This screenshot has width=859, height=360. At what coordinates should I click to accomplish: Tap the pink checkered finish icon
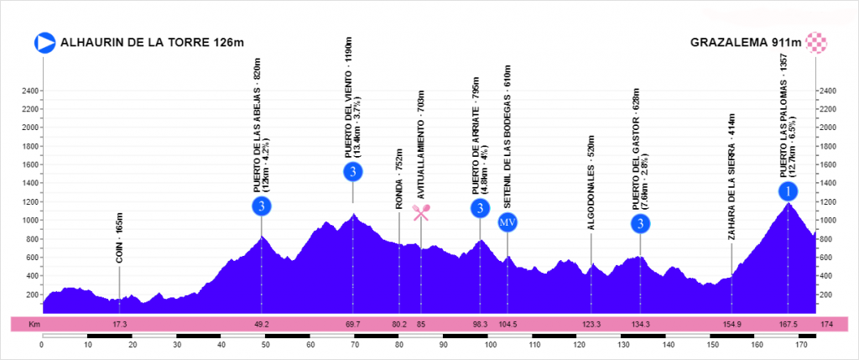pyautogui.click(x=816, y=43)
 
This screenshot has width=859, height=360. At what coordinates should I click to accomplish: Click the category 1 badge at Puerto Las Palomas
pyautogui.click(x=788, y=191)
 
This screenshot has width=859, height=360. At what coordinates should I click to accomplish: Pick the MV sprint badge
pyautogui.click(x=507, y=222)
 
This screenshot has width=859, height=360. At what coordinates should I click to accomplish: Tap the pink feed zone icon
pyautogui.click(x=420, y=212)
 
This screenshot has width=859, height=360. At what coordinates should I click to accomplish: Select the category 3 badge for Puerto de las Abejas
pyautogui.click(x=262, y=206)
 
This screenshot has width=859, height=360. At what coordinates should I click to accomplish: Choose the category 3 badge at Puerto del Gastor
pyautogui.click(x=640, y=223)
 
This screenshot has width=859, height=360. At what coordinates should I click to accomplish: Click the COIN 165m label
pyautogui.click(x=120, y=241)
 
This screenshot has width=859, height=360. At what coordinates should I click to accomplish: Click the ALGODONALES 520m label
pyautogui.click(x=591, y=184)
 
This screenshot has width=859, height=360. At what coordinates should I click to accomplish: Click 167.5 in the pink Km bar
pyautogui.click(x=788, y=324)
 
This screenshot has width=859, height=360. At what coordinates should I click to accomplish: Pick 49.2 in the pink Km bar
pyautogui.click(x=262, y=324)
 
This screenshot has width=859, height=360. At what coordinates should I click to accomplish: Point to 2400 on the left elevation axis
pyautogui.click(x=31, y=91)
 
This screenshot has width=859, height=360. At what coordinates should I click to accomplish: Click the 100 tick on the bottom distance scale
pyautogui.click(x=487, y=345)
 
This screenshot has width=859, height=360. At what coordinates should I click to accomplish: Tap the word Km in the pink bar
pyautogui.click(x=34, y=324)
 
